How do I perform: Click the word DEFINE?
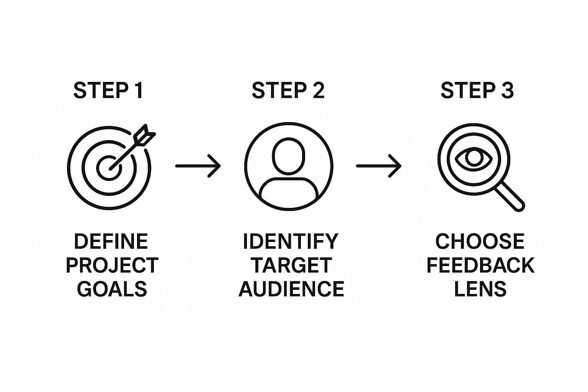(x=111, y=242)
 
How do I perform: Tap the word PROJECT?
(x=112, y=265)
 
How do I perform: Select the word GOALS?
(x=112, y=289)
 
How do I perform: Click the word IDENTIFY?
(x=291, y=242)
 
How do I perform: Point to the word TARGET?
(x=291, y=265)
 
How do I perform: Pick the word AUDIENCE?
(x=291, y=289)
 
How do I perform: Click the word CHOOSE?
(x=480, y=242)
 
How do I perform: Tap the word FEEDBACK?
(x=480, y=265)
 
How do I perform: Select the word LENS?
(x=480, y=289)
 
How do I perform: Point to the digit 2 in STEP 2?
(x=317, y=91)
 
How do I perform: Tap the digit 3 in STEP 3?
(x=507, y=91)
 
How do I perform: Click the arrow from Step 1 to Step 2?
(x=198, y=166)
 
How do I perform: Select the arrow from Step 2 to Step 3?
(x=379, y=166)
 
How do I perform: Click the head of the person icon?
(x=289, y=155)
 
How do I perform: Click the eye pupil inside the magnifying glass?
(x=474, y=158)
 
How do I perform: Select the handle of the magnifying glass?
(x=511, y=196)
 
